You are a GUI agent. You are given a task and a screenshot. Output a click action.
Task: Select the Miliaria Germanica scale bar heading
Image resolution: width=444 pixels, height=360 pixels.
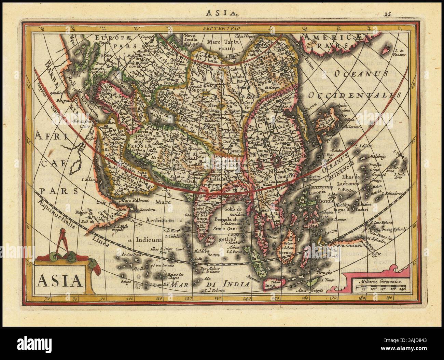click(x=378, y=282)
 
